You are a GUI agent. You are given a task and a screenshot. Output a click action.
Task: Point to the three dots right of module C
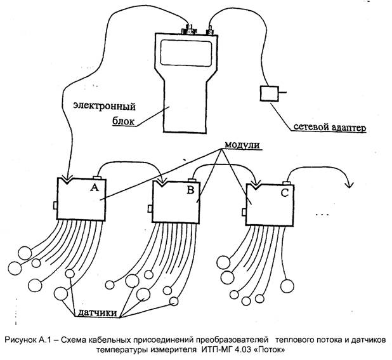(322, 216)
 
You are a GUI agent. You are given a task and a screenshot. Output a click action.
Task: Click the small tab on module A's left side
(55, 204)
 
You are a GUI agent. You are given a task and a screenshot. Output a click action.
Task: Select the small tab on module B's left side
(150, 208)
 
